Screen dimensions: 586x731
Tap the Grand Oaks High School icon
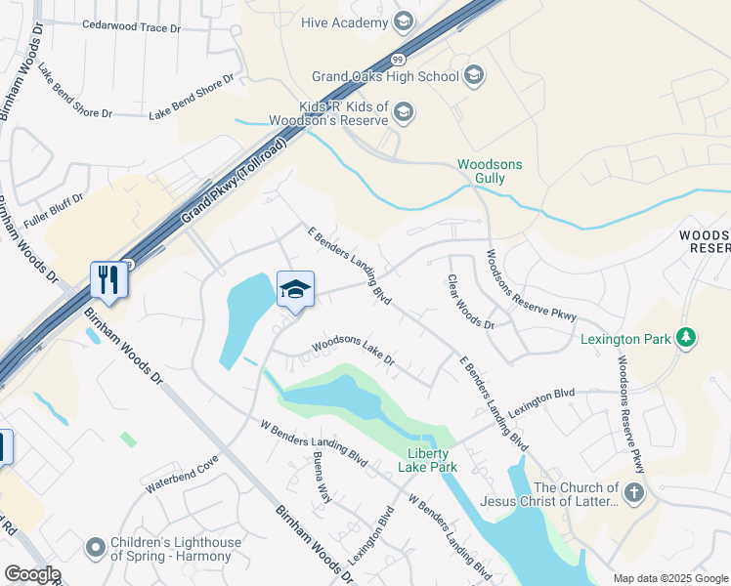pos(473,75)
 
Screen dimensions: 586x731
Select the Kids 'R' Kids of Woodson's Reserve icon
pos(404,115)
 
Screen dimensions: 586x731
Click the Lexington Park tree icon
pos(687,338)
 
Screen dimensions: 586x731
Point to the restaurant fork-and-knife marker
pos(108,280)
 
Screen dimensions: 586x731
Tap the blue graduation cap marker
pos(295,290)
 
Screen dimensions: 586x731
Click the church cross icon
pos(634,491)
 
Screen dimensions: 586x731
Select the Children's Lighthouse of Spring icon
pos(95,547)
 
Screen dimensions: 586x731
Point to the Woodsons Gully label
pos(491,173)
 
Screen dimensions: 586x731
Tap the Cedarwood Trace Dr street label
pos(132,25)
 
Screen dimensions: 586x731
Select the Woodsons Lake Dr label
pos(353,353)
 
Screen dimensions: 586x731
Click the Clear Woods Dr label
pos(472,302)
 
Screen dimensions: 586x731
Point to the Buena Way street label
pos(322,477)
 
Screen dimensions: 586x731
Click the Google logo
pos(32,574)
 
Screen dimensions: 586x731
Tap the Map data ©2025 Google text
pos(669,578)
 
